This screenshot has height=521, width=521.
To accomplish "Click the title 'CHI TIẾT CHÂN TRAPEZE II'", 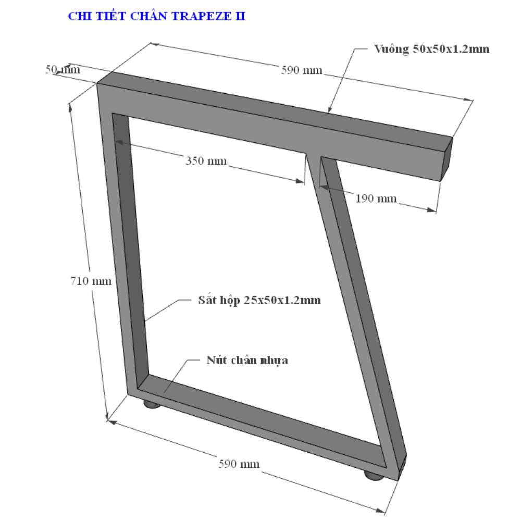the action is click(x=156, y=16).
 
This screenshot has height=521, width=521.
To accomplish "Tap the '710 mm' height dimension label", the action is click(x=91, y=281).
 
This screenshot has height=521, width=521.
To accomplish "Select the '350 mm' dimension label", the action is click(x=206, y=161).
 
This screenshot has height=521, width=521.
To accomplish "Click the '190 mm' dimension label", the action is click(x=376, y=199).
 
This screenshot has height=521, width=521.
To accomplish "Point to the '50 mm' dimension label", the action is click(x=63, y=69).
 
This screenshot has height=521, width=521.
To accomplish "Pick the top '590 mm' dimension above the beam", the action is click(x=302, y=70).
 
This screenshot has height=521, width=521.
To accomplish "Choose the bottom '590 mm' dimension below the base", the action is click(x=239, y=464).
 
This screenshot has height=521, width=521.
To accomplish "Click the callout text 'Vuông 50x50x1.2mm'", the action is click(x=431, y=49).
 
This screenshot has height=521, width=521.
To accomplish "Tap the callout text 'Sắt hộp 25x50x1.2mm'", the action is click(x=259, y=300).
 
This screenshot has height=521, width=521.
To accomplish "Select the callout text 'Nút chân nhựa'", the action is click(x=247, y=360).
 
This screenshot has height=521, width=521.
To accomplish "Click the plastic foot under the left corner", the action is click(x=152, y=404).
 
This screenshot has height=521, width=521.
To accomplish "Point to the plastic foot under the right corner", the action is click(x=374, y=476).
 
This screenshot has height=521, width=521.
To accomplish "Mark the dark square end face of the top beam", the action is click(x=446, y=159).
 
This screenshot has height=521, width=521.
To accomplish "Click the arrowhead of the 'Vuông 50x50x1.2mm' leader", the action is click(x=329, y=109).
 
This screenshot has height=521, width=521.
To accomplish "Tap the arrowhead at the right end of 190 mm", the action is click(x=431, y=209).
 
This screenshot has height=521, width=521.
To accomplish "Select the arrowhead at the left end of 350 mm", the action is click(x=119, y=142).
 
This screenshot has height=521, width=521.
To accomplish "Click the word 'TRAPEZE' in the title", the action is click(x=202, y=16).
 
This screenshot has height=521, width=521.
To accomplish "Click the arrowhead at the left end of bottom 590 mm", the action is click(x=113, y=423).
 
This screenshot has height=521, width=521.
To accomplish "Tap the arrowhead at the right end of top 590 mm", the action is click(x=468, y=99).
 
